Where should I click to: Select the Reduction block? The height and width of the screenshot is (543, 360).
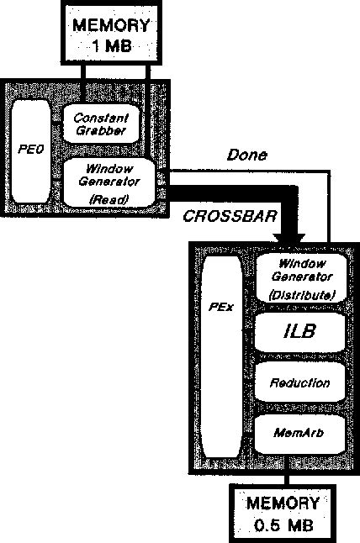(x=299, y=382)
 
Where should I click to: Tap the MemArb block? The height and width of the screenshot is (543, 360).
(x=299, y=433)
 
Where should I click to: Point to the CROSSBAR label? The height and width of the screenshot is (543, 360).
(x=220, y=217)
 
